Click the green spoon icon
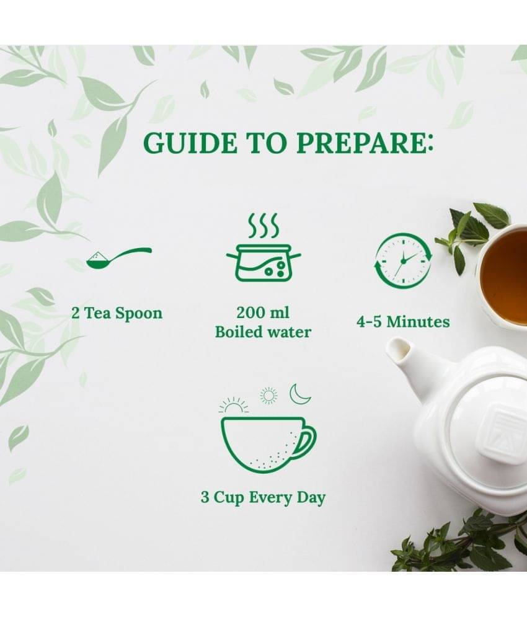tap(119, 258)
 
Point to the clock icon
tap(402, 260)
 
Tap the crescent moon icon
tap(300, 394)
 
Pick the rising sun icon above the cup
tap(234, 405)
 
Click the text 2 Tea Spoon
tap(117, 314)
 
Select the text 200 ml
tap(262, 313)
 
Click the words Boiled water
tap(263, 332)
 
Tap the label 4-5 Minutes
tap(402, 322)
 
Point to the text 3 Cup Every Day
tap(263, 497)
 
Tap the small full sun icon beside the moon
tap(269, 396)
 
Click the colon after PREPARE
tap(429, 143)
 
